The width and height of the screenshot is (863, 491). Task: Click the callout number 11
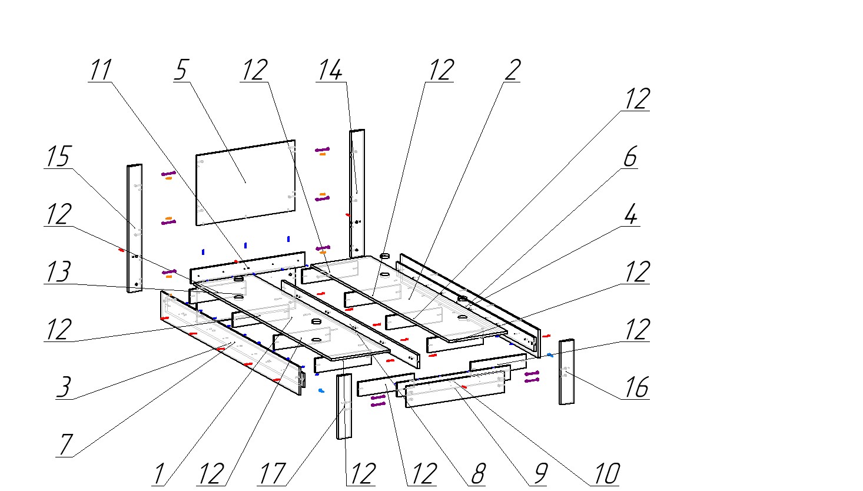click(100, 70)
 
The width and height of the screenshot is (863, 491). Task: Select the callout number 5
click(181, 70)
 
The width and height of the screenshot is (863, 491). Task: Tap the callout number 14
click(330, 70)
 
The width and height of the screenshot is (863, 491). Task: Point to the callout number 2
click(512, 70)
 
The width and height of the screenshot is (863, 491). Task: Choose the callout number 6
click(630, 157)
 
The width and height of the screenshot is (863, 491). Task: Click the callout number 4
click(630, 215)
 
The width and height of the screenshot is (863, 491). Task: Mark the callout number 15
click(58, 157)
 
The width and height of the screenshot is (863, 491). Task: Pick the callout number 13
click(58, 272)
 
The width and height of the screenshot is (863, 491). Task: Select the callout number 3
click(64, 387)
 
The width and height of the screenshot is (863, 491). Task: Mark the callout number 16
click(636, 387)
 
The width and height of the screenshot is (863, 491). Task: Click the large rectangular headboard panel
click(245, 182)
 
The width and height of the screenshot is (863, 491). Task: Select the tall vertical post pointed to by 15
click(135, 228)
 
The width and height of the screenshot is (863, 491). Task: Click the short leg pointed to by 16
click(566, 371)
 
